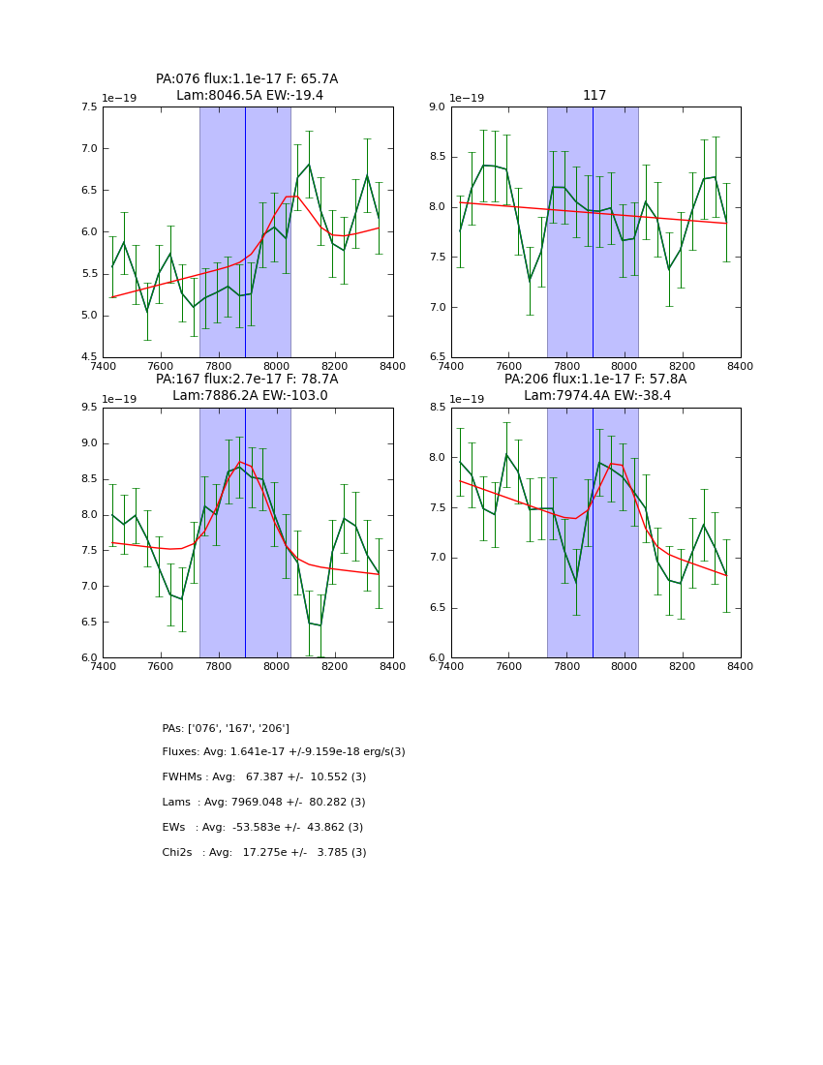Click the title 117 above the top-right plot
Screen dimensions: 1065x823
click(594, 96)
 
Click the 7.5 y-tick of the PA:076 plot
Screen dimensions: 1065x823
click(87, 107)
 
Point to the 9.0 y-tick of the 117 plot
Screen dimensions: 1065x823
click(435, 107)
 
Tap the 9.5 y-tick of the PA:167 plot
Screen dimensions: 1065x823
click(87, 408)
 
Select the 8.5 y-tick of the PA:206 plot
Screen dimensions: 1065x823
click(435, 408)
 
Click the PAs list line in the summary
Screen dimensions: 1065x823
click(226, 728)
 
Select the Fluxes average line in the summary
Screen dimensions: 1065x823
click(284, 752)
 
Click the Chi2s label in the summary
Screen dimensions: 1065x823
click(180, 853)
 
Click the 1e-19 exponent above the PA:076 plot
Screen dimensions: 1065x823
click(119, 98)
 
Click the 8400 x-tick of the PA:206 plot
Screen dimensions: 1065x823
click(740, 666)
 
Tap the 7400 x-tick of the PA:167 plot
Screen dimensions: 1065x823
click(103, 666)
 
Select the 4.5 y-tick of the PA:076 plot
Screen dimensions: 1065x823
click(87, 357)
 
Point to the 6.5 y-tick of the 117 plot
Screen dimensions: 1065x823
click(435, 357)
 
